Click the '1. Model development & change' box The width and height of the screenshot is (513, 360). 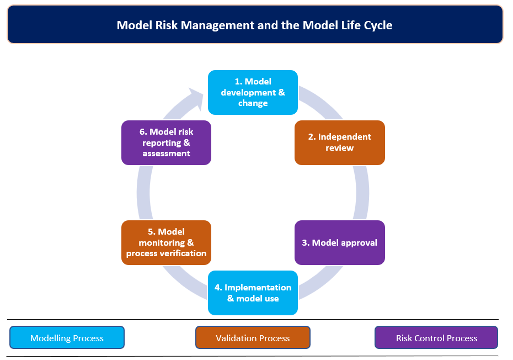tap(253, 92)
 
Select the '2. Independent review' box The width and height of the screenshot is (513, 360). tap(339, 142)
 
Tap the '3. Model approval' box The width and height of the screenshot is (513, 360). tap(339, 243)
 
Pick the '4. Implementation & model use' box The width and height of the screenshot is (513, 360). tap(253, 293)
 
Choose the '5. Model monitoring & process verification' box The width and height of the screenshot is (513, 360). tap(166, 243)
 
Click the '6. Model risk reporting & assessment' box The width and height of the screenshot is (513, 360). tap(166, 142)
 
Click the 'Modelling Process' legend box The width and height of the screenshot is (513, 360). tap(67, 337)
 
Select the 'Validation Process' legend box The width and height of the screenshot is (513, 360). tap(253, 337)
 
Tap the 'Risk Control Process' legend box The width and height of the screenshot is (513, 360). tap(436, 337)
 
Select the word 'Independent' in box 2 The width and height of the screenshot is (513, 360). tap(345, 137)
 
